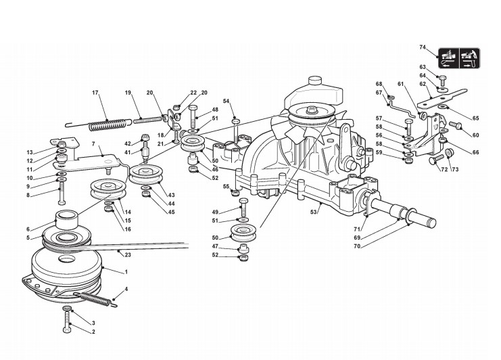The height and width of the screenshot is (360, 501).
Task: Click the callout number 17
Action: pyautogui.click(x=95, y=92)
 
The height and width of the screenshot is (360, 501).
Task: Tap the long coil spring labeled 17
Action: pyautogui.click(x=108, y=124)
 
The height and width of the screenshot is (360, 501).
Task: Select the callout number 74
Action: pyautogui.click(x=423, y=47)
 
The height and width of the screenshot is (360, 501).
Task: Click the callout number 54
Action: pyautogui.click(x=226, y=102)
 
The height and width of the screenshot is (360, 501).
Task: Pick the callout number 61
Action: pyautogui.click(x=400, y=83)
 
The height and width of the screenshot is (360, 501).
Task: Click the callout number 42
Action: pyautogui.click(x=128, y=143)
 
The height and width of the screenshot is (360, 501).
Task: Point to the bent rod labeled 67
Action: pyautogui.click(x=404, y=106)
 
